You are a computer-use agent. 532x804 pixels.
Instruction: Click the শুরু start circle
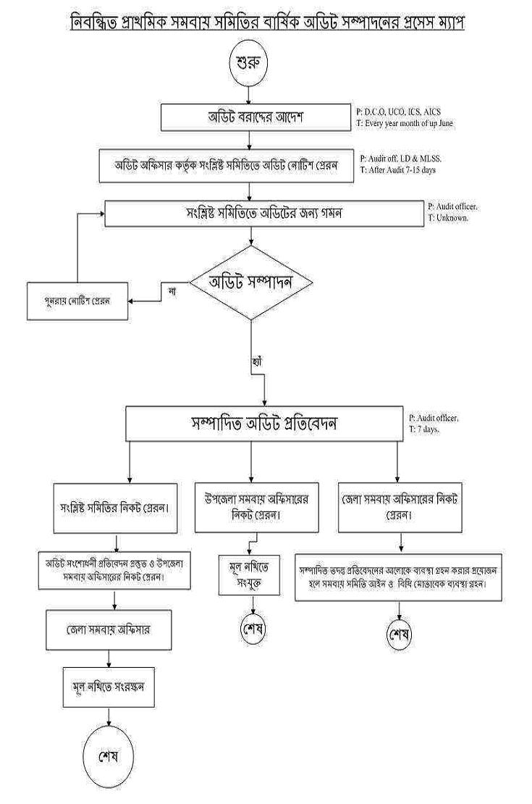pyautogui.click(x=248, y=62)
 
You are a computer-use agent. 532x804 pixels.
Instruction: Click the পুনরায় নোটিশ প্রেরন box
pyautogui.click(x=77, y=301)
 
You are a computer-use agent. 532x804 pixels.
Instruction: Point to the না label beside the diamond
pyautogui.click(x=172, y=290)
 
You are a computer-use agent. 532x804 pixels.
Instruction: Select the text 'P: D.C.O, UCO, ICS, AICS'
pyautogui.click(x=399, y=112)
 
